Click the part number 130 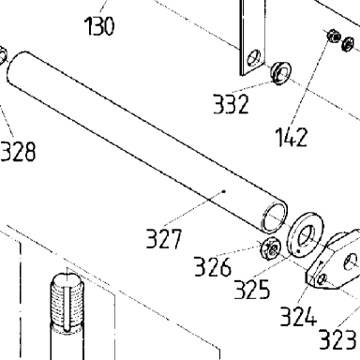pyautogui.click(x=99, y=26)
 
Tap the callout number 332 pyautogui.click(x=231, y=104)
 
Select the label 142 pyautogui.click(x=292, y=137)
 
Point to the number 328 pyautogui.click(x=18, y=152)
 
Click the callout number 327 pyautogui.click(x=164, y=239)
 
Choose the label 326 pyautogui.click(x=213, y=266)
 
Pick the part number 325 pyautogui.click(x=251, y=290)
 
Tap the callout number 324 pyautogui.click(x=298, y=316)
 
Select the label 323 pyautogui.click(x=337, y=339)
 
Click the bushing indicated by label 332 pyautogui.click(x=280, y=73)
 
